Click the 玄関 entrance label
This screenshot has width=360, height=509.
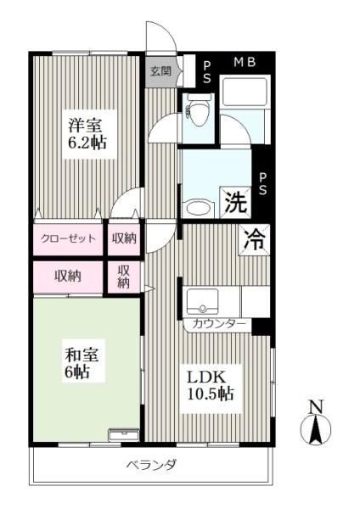point(160,71)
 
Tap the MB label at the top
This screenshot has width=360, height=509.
point(245,62)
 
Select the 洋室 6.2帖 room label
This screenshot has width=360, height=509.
point(87,133)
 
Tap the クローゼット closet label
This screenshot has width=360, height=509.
point(68,238)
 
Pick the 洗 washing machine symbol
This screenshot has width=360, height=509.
point(236,204)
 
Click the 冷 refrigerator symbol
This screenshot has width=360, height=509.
point(255,238)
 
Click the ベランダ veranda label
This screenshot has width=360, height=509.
point(152,465)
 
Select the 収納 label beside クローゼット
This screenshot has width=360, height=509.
point(124,238)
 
